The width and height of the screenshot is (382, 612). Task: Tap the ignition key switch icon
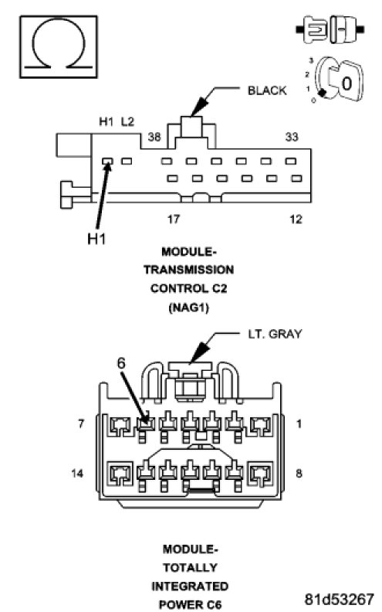[336, 81]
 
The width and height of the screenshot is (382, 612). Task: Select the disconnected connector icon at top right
[330, 29]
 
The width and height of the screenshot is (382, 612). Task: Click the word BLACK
[267, 90]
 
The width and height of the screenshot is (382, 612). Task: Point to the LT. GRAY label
[276, 334]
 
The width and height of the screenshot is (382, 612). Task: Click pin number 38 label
[154, 137]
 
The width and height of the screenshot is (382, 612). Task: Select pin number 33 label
[292, 137]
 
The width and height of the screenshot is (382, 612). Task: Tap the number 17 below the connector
[174, 219]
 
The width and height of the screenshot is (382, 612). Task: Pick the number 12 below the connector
[296, 219]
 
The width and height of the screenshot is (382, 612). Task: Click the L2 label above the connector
[127, 122]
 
